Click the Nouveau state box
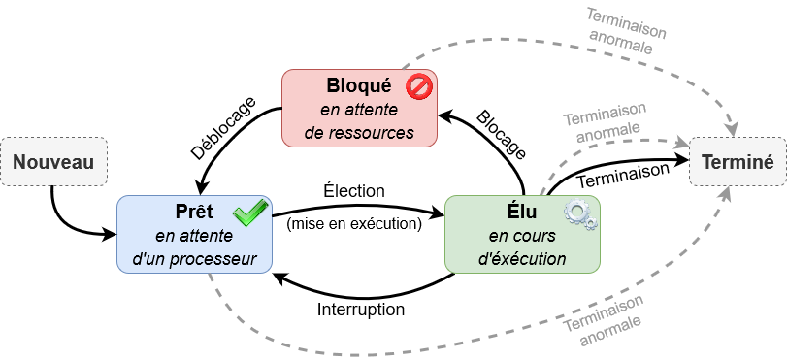[x=53, y=162]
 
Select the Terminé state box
[x=738, y=162]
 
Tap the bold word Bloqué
[x=358, y=85]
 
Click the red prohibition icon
[x=418, y=86]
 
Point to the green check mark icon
[x=250, y=212]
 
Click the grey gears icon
[x=580, y=215]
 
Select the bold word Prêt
[x=194, y=212]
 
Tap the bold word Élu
[x=522, y=212]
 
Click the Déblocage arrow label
[x=224, y=128]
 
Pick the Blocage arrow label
[x=501, y=135]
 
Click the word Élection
[x=354, y=191]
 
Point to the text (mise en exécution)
[x=354, y=223]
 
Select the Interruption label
[x=361, y=310]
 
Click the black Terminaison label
[x=623, y=176]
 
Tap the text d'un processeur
[x=194, y=259]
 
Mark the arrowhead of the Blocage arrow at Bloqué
[x=445, y=116]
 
